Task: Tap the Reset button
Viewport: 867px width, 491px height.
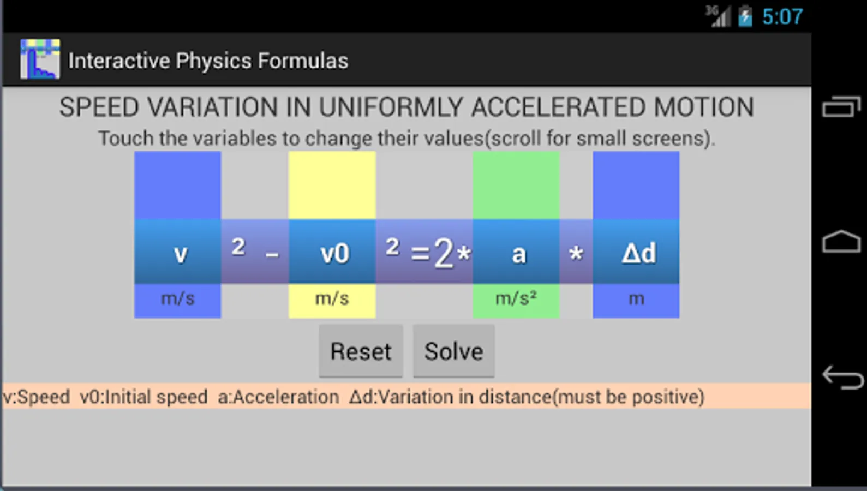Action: click(x=361, y=351)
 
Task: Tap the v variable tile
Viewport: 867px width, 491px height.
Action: click(x=178, y=252)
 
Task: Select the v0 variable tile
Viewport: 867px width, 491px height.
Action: click(x=332, y=252)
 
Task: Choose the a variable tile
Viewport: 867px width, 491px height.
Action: click(x=516, y=252)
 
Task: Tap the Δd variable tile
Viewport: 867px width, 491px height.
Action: click(x=636, y=252)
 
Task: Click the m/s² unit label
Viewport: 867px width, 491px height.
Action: click(x=516, y=299)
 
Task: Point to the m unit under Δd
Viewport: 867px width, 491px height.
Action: click(x=636, y=299)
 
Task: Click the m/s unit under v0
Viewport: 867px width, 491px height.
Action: click(x=332, y=299)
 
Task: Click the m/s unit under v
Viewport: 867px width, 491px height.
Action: click(x=178, y=299)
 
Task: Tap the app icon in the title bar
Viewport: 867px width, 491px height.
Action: click(x=40, y=59)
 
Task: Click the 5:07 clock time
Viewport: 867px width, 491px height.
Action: click(x=782, y=17)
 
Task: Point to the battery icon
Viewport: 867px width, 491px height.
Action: click(x=745, y=16)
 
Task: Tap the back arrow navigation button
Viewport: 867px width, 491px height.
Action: click(x=842, y=377)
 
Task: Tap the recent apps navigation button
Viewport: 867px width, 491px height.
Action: click(x=841, y=106)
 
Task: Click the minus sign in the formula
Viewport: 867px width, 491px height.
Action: click(x=272, y=255)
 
